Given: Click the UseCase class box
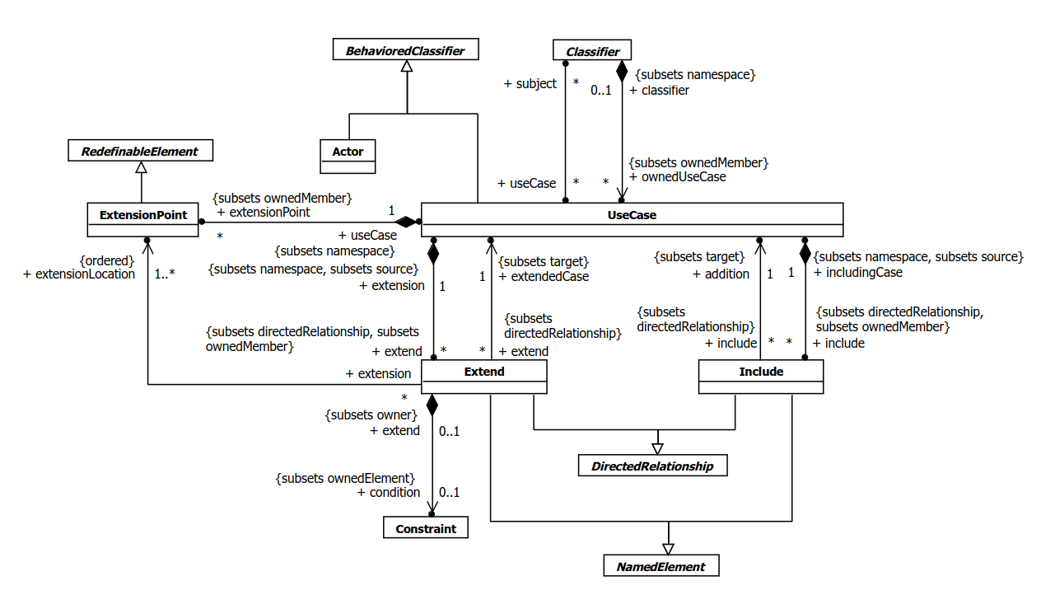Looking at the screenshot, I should (632, 219).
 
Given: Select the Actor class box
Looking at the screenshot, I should (348, 157).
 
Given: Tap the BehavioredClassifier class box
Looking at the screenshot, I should (404, 51).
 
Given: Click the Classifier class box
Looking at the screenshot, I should (592, 51).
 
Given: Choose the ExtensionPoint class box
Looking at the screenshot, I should (142, 219).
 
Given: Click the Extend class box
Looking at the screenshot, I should (483, 377).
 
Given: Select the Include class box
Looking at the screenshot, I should (760, 377).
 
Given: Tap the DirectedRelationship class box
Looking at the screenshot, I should (652, 466).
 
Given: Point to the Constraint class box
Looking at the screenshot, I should (425, 528).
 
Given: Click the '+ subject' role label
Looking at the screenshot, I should (530, 83).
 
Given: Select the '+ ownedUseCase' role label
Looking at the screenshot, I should (677, 176).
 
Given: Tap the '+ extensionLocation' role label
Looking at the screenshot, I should (79, 274).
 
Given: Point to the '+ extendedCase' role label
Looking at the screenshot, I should (544, 277).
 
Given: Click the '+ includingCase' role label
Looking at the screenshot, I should (857, 272).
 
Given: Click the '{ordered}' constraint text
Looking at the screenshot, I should (106, 260).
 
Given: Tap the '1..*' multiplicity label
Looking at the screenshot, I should (170, 274).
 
